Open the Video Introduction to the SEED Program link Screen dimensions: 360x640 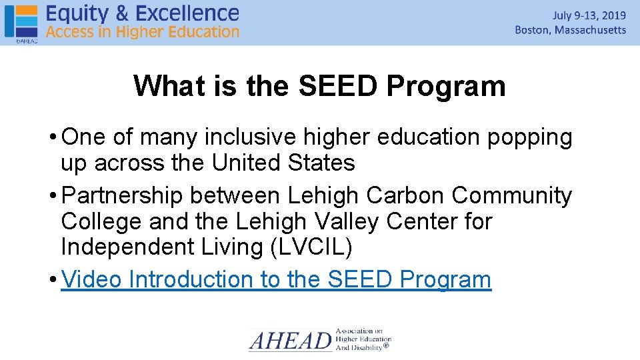pyautogui.click(x=276, y=279)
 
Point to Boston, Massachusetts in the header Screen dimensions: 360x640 pyautogui.click(x=571, y=30)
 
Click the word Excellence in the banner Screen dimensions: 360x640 pyautogui.click(x=191, y=13)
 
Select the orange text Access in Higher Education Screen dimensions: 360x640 pyautogui.click(x=143, y=31)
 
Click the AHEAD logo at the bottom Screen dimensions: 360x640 pyautogui.click(x=319, y=339)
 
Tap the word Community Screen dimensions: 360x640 pyautogui.click(x=511, y=195)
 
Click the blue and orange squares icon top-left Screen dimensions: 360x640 pyautogui.click(x=21, y=21)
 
